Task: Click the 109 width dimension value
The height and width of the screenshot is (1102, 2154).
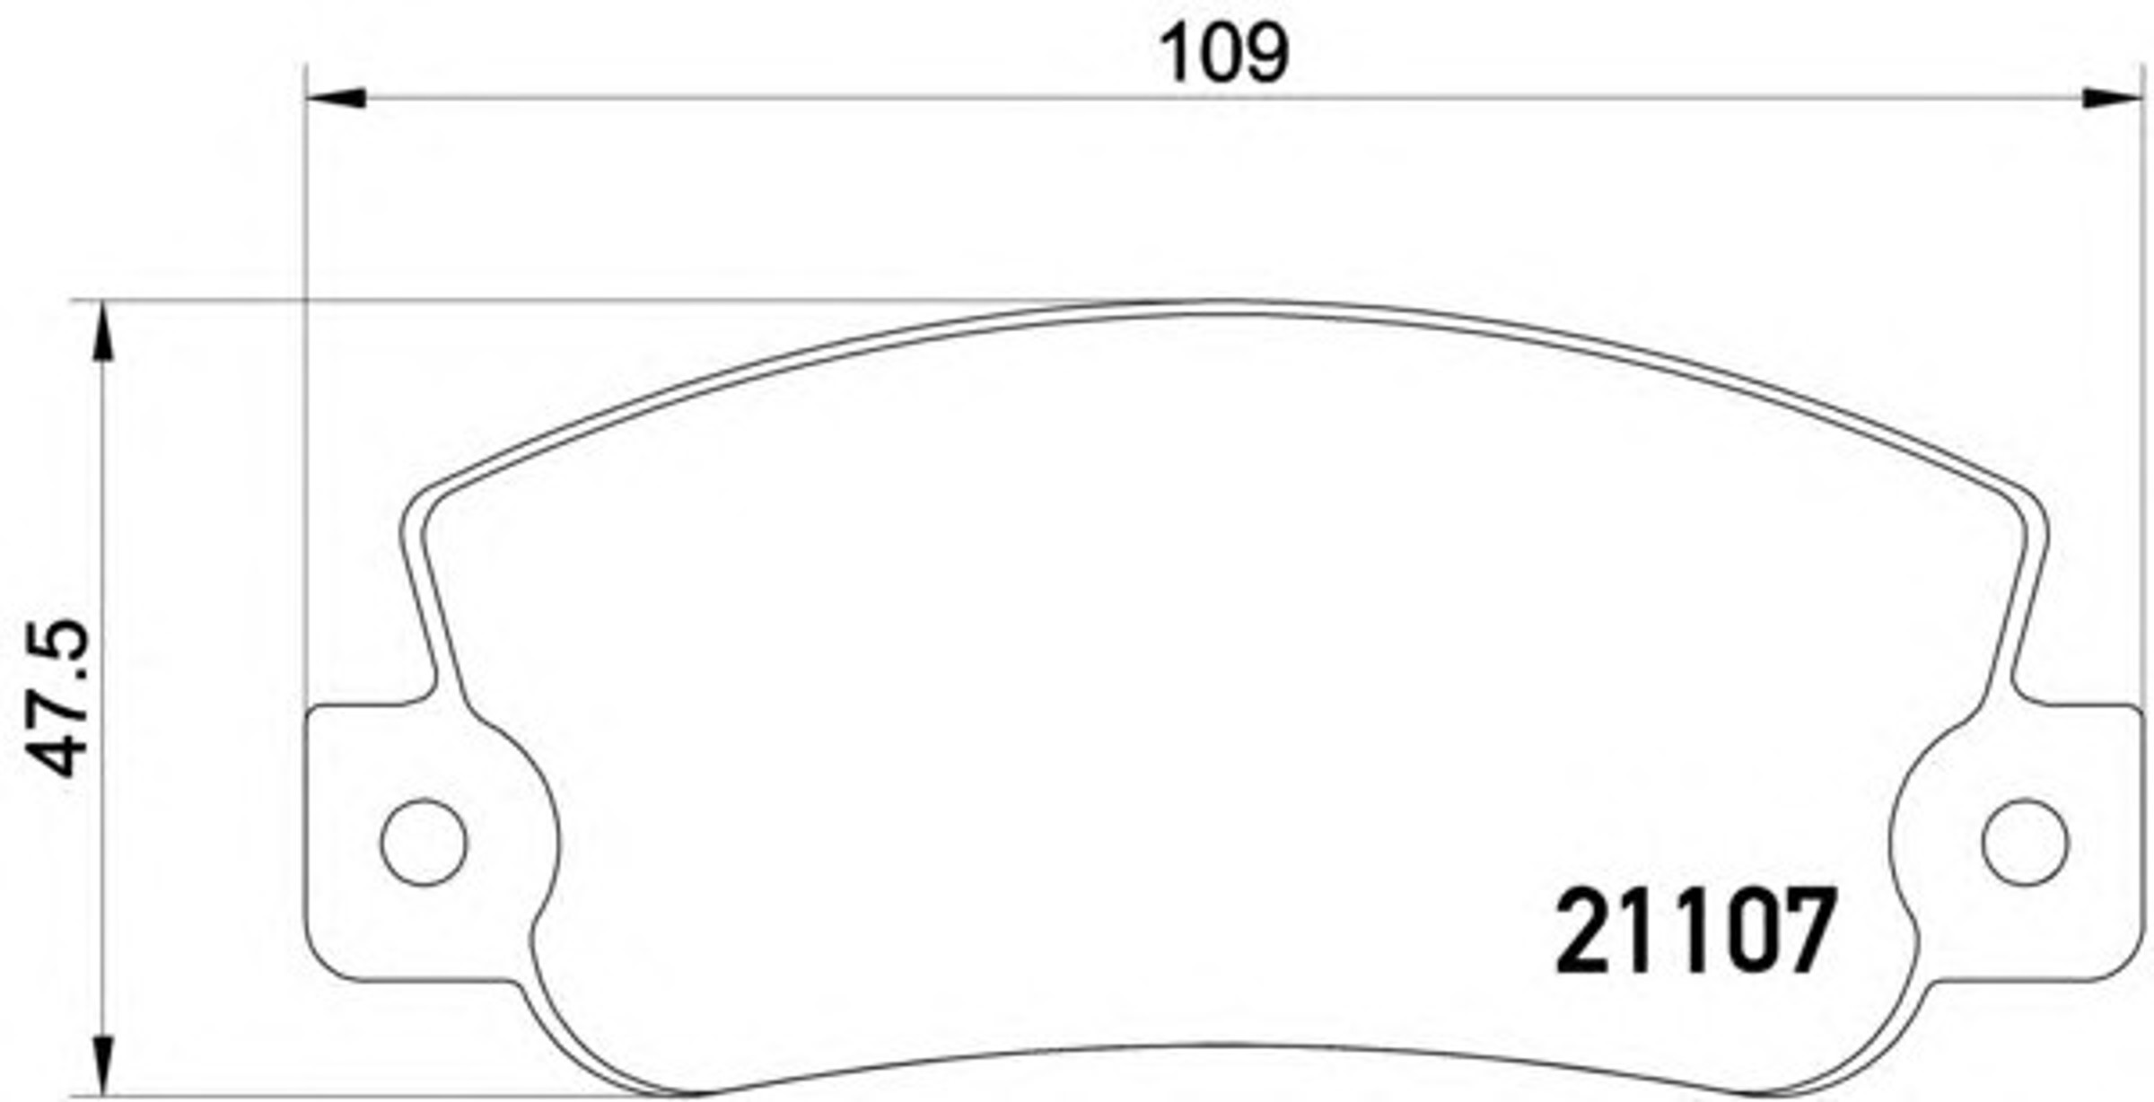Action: pyautogui.click(x=1224, y=54)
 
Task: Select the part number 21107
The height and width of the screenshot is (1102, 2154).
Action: pyautogui.click(x=1695, y=931)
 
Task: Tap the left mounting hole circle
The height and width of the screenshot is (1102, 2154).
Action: pyautogui.click(x=424, y=843)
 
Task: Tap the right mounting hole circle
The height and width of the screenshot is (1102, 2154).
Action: pyautogui.click(x=2025, y=842)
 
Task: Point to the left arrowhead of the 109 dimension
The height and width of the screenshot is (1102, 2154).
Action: pyautogui.click(x=336, y=98)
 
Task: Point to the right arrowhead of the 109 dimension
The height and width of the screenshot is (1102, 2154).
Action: pyautogui.click(x=2111, y=98)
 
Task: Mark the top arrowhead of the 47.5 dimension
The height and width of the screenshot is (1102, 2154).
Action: pyautogui.click(x=105, y=331)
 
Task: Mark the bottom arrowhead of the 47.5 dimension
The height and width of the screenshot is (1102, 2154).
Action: pyautogui.click(x=105, y=1065)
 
